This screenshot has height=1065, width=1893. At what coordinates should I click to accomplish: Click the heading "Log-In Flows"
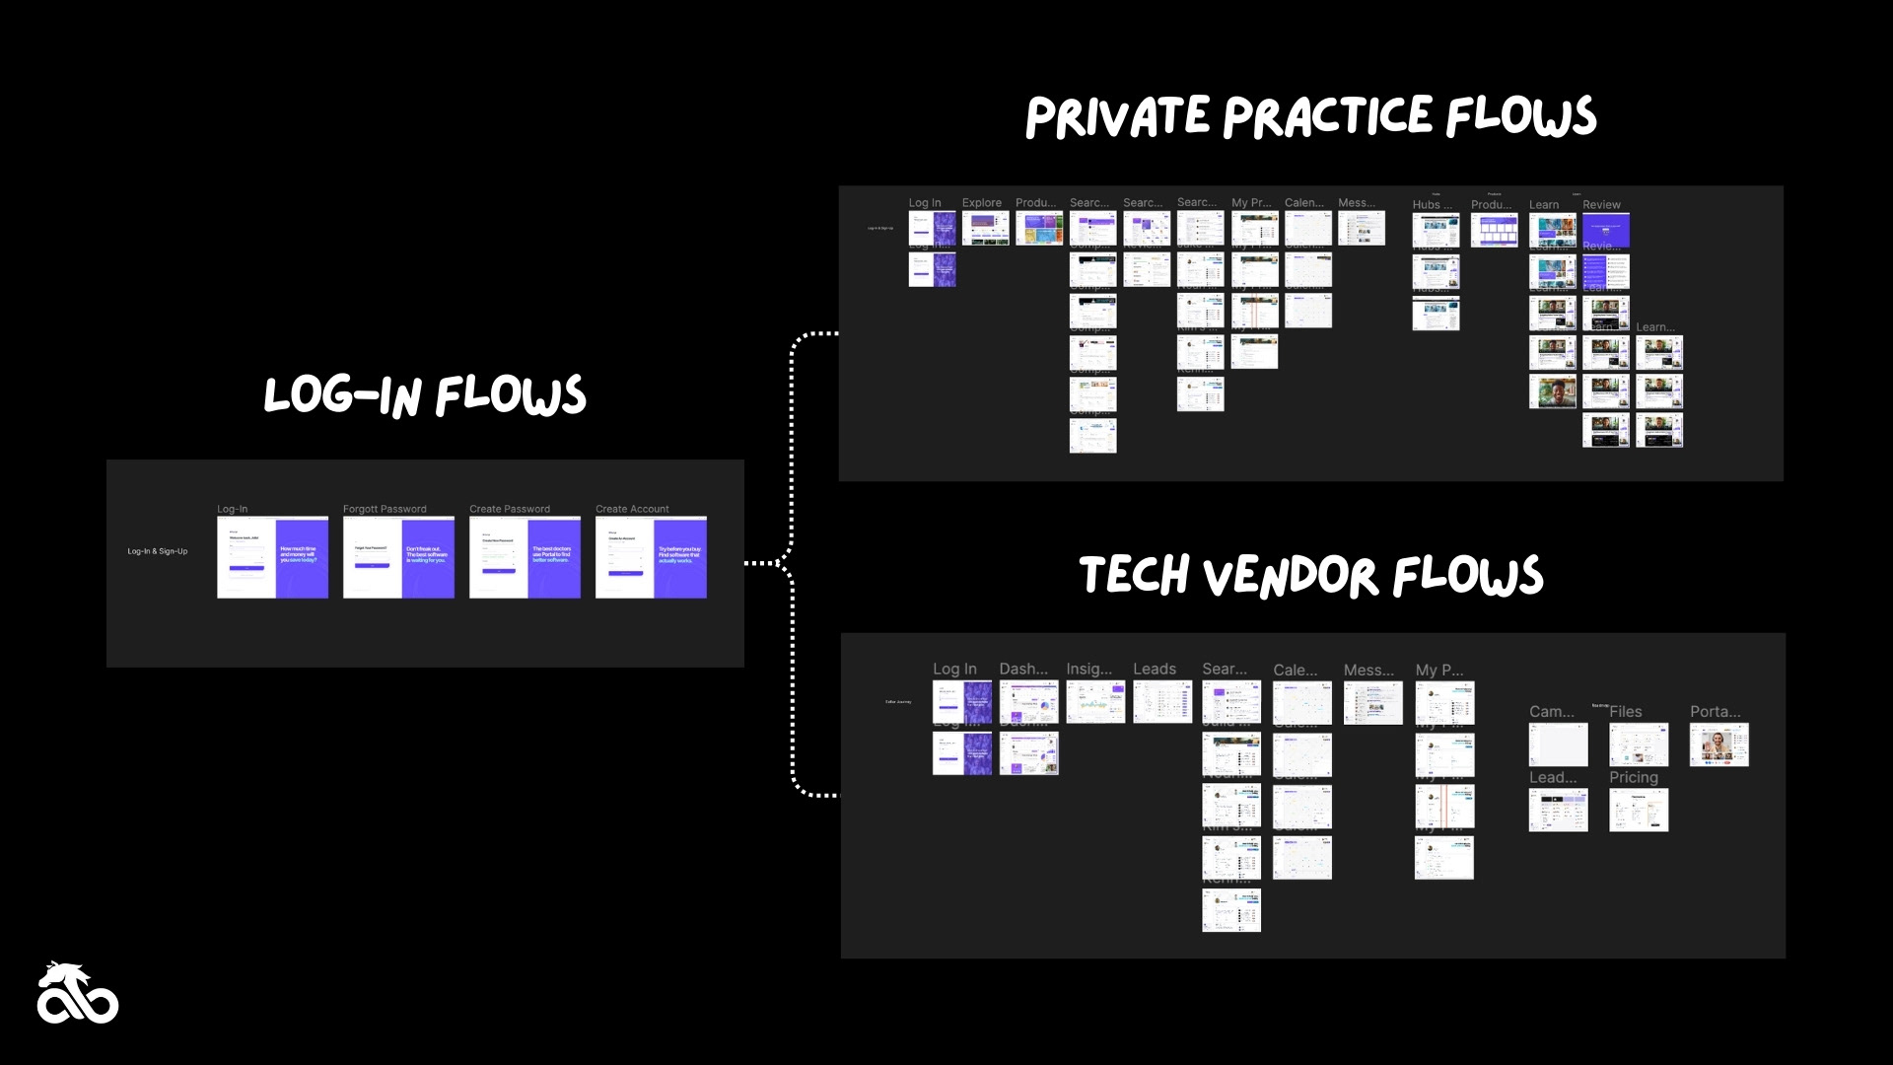(425, 395)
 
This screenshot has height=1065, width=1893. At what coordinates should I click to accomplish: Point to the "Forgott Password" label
(385, 509)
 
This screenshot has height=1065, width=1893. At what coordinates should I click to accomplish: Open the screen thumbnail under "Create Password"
(525, 557)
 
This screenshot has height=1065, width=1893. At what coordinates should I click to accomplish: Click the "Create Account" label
(632, 509)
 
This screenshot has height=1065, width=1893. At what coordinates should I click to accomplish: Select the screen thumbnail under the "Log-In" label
(272, 557)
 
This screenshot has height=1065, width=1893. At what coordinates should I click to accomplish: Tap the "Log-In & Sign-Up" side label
(157, 551)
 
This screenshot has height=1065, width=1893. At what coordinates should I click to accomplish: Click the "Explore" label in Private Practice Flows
(981, 203)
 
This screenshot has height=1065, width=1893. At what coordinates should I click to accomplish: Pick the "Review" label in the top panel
(1601, 205)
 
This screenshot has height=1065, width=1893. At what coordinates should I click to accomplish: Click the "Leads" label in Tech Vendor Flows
(1154, 669)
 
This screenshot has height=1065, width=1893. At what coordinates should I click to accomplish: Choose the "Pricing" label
(1633, 777)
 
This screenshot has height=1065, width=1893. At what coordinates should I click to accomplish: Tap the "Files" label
(1626, 711)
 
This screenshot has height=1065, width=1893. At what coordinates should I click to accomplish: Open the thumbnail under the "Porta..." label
(1718, 745)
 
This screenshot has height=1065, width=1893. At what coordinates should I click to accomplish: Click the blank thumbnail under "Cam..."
(1558, 745)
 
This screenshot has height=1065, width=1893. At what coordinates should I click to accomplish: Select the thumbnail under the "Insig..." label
(1094, 702)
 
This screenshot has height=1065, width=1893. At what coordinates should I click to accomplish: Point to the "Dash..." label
(1023, 669)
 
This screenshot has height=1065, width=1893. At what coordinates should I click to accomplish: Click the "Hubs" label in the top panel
(1431, 205)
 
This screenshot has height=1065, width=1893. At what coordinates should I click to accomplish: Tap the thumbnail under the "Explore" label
(985, 229)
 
